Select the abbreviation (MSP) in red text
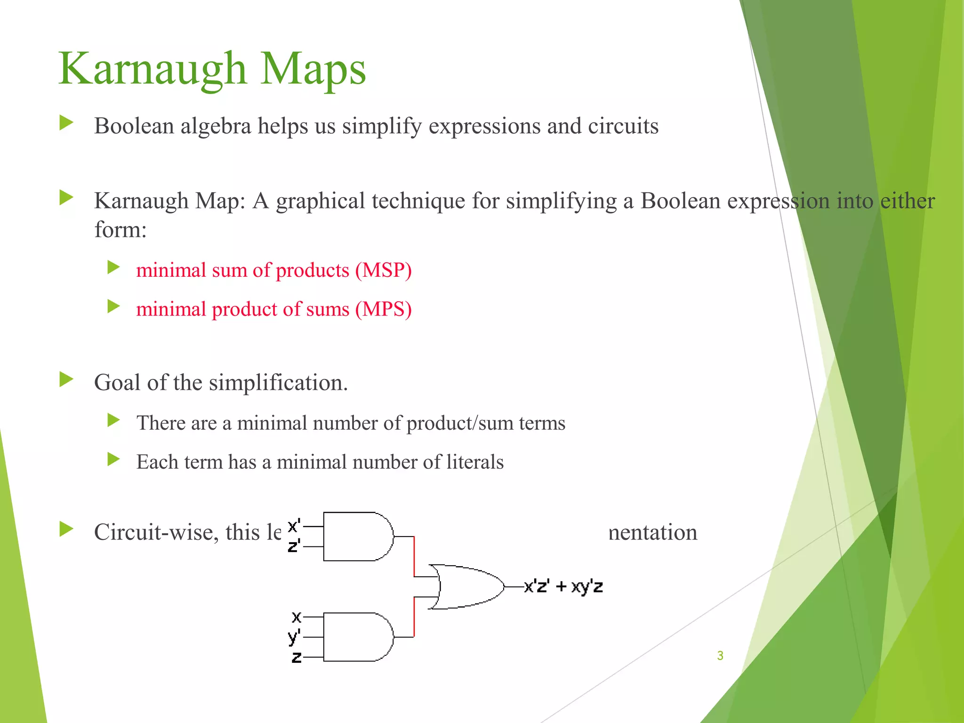pyautogui.click(x=383, y=270)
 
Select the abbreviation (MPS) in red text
pyautogui.click(x=383, y=309)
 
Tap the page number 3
pyautogui.click(x=720, y=655)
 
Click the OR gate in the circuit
pyautogui.click(x=466, y=587)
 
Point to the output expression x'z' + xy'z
pyautogui.click(x=563, y=587)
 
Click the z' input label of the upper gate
pyautogui.click(x=294, y=546)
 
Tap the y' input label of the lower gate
pyautogui.click(x=294, y=636)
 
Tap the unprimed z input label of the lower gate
pyautogui.click(x=296, y=657)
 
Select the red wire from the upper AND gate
pyautogui.click(x=414, y=555)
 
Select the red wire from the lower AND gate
pyautogui.click(x=414, y=617)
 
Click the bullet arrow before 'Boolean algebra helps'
pyautogui.click(x=66, y=124)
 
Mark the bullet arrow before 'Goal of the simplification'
pyautogui.click(x=66, y=379)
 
